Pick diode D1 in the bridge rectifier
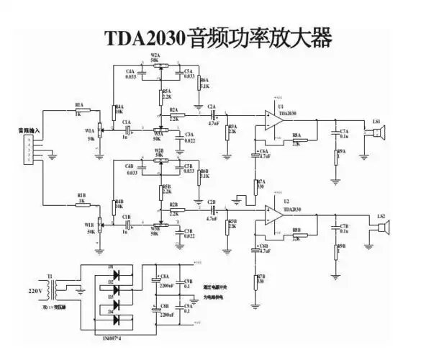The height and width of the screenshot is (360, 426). pyautogui.click(x=114, y=274)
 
